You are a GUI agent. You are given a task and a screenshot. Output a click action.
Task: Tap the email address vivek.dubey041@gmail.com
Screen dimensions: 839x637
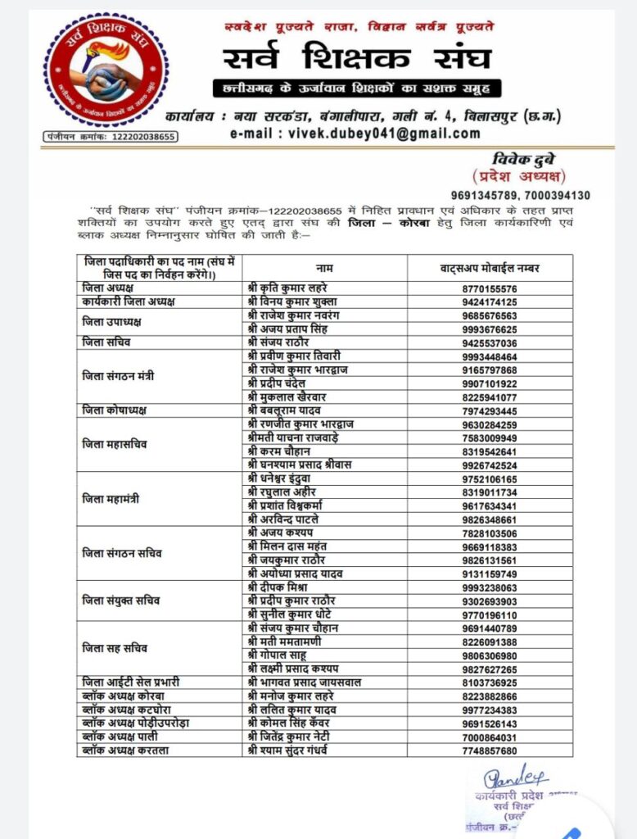pyautogui.click(x=355, y=134)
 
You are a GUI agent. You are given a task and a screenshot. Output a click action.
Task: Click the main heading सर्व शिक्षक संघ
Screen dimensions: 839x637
pyautogui.click(x=357, y=59)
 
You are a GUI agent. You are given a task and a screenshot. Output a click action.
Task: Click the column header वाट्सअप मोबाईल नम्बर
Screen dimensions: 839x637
pyautogui.click(x=490, y=268)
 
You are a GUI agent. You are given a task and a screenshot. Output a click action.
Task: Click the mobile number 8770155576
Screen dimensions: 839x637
pyautogui.click(x=490, y=289)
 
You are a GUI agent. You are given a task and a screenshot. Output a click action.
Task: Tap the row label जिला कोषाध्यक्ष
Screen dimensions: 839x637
pyautogui.click(x=115, y=410)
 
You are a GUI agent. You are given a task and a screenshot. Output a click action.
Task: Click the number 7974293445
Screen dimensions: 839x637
pyautogui.click(x=490, y=410)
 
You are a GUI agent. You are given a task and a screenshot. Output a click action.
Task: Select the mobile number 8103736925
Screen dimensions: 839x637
pyautogui.click(x=490, y=682)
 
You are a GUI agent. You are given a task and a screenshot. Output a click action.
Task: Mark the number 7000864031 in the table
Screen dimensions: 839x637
pyautogui.click(x=490, y=737)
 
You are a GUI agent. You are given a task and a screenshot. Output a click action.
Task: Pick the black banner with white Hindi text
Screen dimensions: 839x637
pyautogui.click(x=357, y=88)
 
